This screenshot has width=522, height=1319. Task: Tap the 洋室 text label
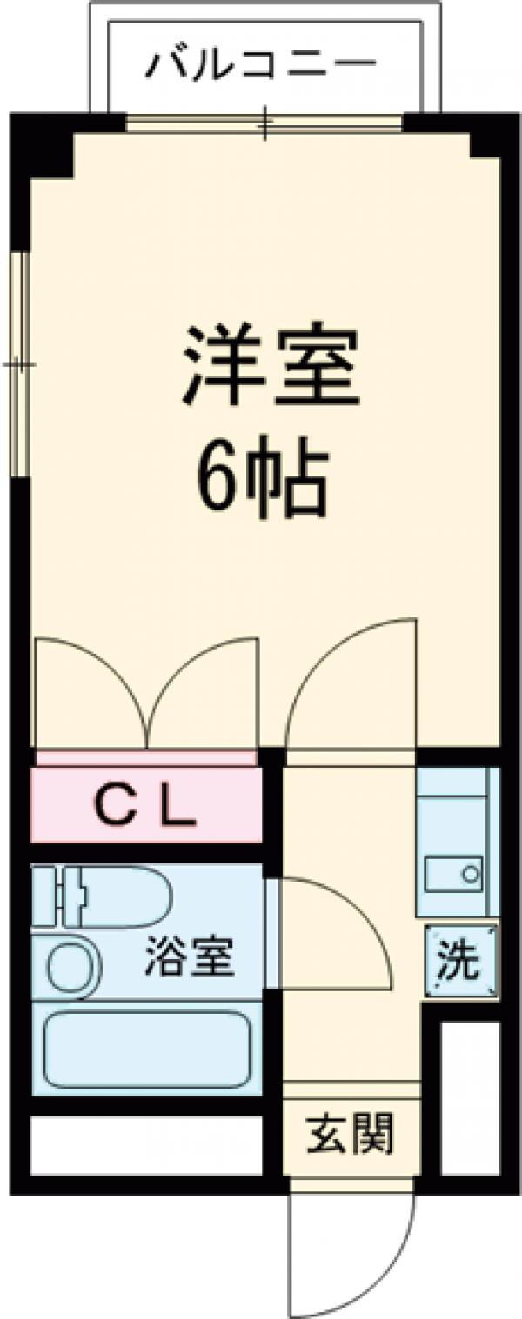click(271, 365)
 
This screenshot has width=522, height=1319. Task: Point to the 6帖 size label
click(262, 480)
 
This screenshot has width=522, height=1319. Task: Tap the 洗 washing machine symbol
click(459, 961)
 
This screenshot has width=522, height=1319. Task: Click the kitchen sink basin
click(452, 872)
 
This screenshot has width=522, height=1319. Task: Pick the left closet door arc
click(91, 687)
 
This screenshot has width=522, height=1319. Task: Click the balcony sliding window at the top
click(264, 123)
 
